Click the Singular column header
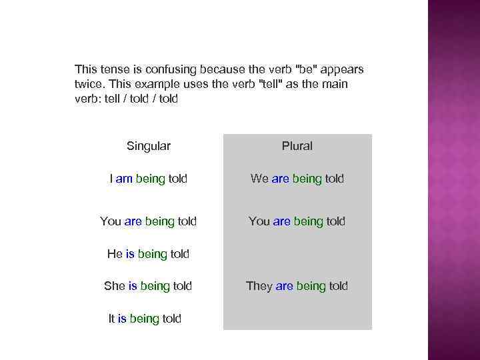click(x=148, y=146)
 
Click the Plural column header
click(x=297, y=146)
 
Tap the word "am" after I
click(x=124, y=179)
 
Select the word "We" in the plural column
click(x=259, y=179)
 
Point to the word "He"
click(x=115, y=253)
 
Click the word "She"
click(x=115, y=286)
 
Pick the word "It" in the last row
click(x=112, y=319)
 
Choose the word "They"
click(x=259, y=286)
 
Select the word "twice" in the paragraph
click(x=89, y=84)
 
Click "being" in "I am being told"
click(x=150, y=179)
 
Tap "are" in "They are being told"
click(x=285, y=286)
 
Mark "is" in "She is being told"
click(x=133, y=286)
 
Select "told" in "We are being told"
click(x=335, y=179)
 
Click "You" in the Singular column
click(x=111, y=221)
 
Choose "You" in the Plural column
click(x=259, y=221)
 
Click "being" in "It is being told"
click(x=144, y=319)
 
